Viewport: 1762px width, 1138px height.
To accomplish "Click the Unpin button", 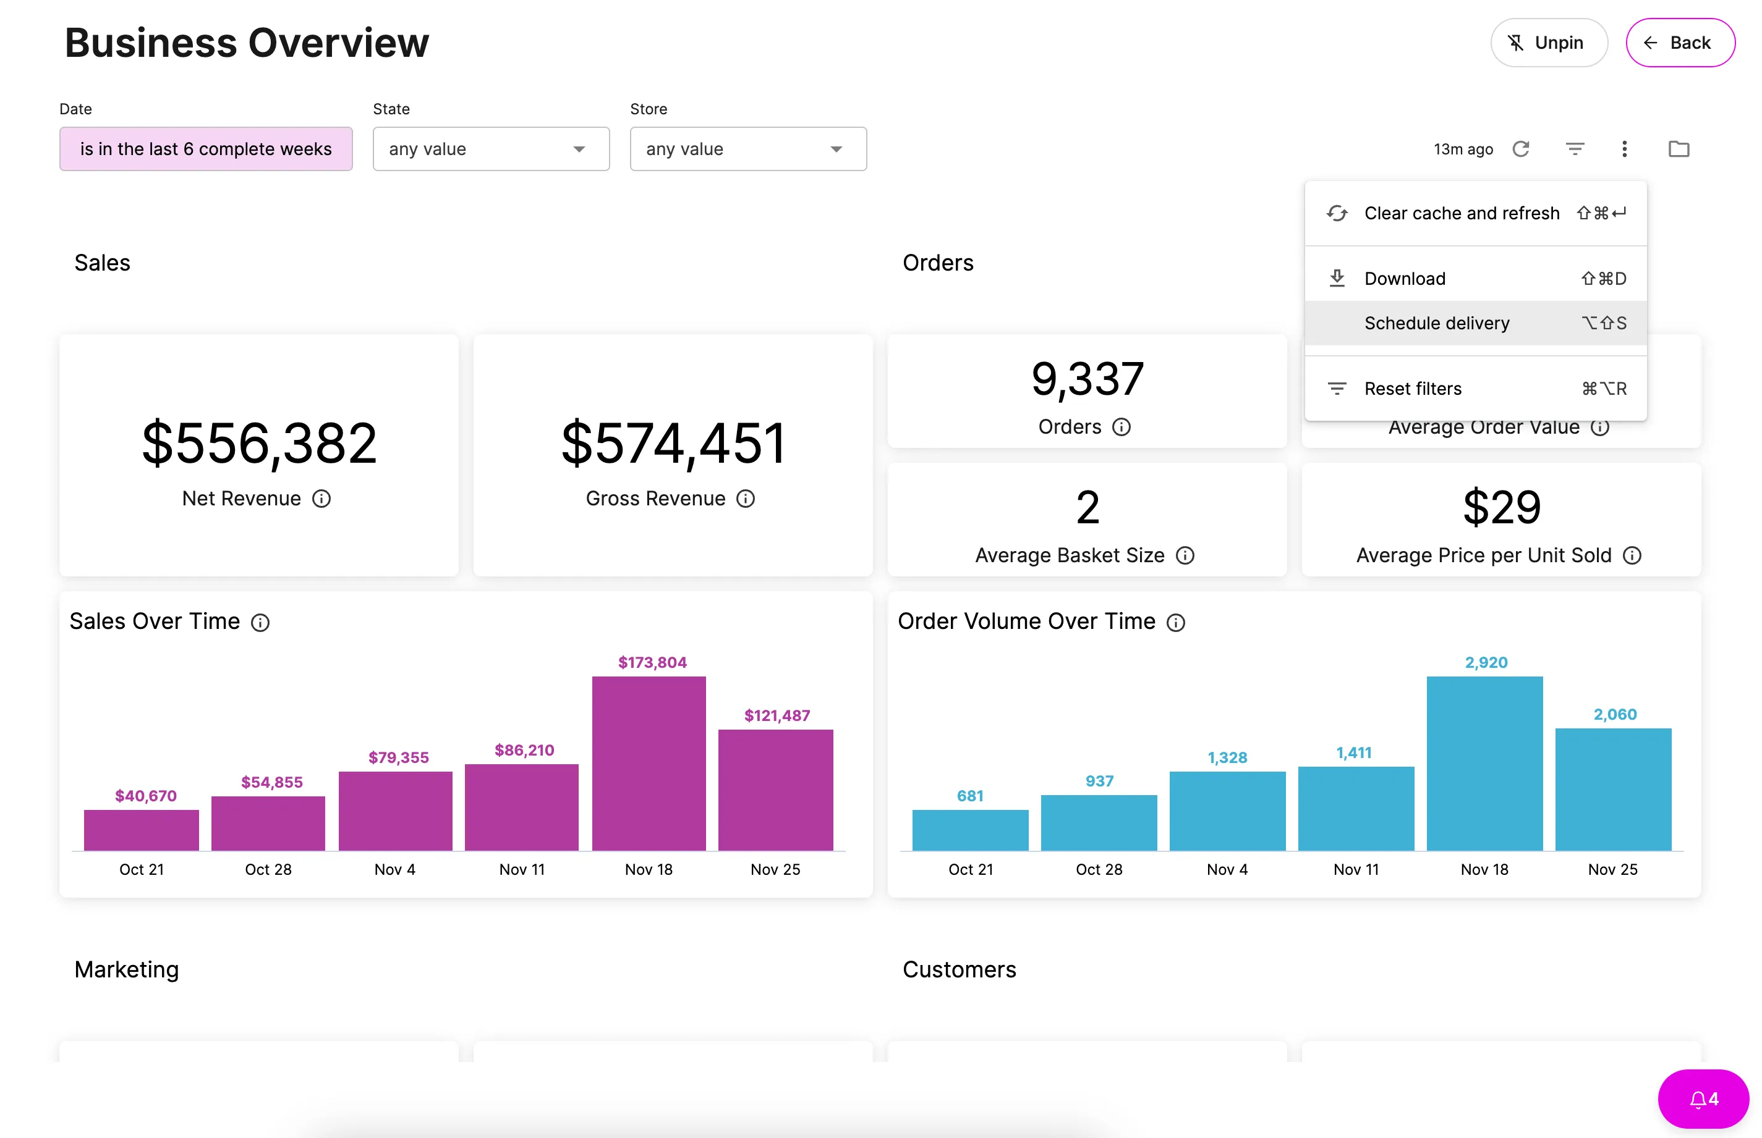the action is tap(1548, 43).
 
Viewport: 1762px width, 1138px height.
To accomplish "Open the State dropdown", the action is tap(491, 150).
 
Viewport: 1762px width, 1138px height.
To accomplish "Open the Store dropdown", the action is tap(748, 150).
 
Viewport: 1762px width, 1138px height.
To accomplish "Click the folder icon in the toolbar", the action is tap(1679, 150).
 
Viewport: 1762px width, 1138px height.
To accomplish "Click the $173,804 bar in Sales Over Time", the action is tap(649, 764).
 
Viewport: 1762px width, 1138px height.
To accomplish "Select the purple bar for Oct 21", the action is tap(141, 830).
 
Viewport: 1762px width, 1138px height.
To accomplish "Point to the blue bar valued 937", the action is tap(1099, 823).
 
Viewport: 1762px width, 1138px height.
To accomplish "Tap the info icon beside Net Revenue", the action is tap(321, 499).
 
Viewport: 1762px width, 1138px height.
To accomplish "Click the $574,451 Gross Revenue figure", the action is tap(673, 444).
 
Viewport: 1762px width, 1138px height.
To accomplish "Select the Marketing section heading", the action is tap(127, 969).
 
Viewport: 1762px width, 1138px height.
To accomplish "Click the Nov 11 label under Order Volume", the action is tap(1356, 870).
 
